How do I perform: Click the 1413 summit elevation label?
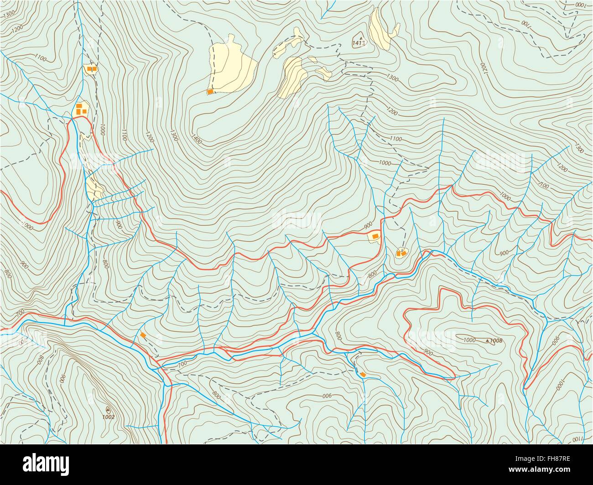tap(359, 44)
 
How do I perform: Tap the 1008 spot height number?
tap(497, 340)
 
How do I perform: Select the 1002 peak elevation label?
tap(108, 416)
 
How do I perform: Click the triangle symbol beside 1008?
tap(488, 340)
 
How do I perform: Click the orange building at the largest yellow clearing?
tap(210, 92)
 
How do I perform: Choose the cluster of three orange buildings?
tap(81, 109)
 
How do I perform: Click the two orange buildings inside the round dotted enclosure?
tap(401, 252)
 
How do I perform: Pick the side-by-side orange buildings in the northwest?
tap(90, 69)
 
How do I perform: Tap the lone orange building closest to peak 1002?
tap(143, 335)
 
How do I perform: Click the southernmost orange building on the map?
tap(363, 375)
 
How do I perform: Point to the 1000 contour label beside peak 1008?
tap(469, 340)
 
